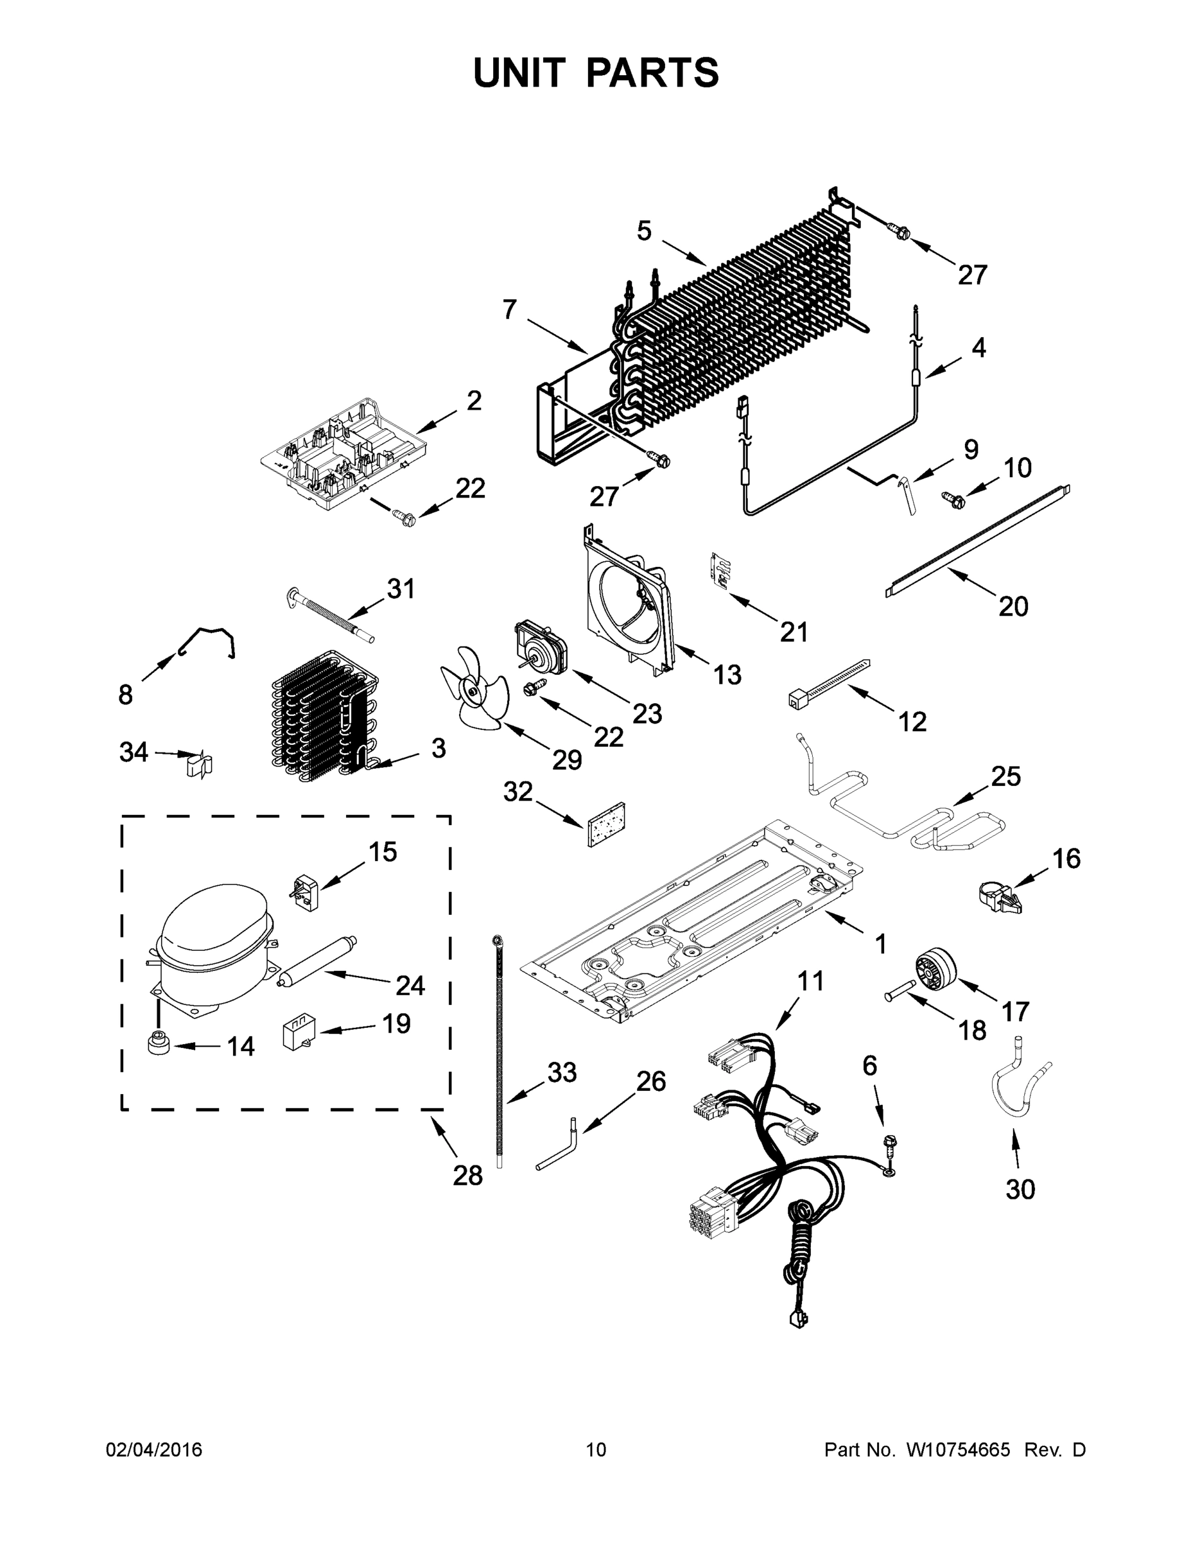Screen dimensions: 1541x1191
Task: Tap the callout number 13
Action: coord(727,675)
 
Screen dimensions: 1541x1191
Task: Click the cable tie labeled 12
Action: coord(829,681)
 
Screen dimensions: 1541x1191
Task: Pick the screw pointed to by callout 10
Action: coord(953,498)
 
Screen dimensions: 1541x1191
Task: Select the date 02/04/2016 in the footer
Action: coord(154,1449)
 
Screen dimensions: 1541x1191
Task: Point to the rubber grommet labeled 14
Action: coord(157,1042)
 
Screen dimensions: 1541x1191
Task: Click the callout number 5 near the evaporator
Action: coord(644,231)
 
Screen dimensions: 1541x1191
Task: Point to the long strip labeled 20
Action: coord(977,541)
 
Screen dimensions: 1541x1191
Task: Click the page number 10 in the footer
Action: coord(596,1449)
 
